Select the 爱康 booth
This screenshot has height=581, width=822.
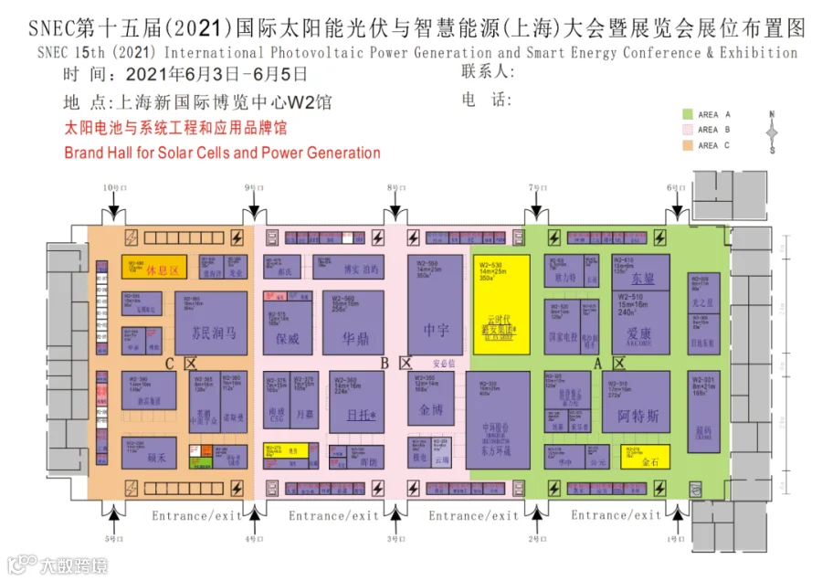tap(638, 333)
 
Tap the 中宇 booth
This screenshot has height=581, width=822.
tap(436, 330)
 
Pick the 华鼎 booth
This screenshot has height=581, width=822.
tap(355, 338)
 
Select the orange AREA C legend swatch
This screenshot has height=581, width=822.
tap(687, 144)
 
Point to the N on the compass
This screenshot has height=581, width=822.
tap(772, 115)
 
